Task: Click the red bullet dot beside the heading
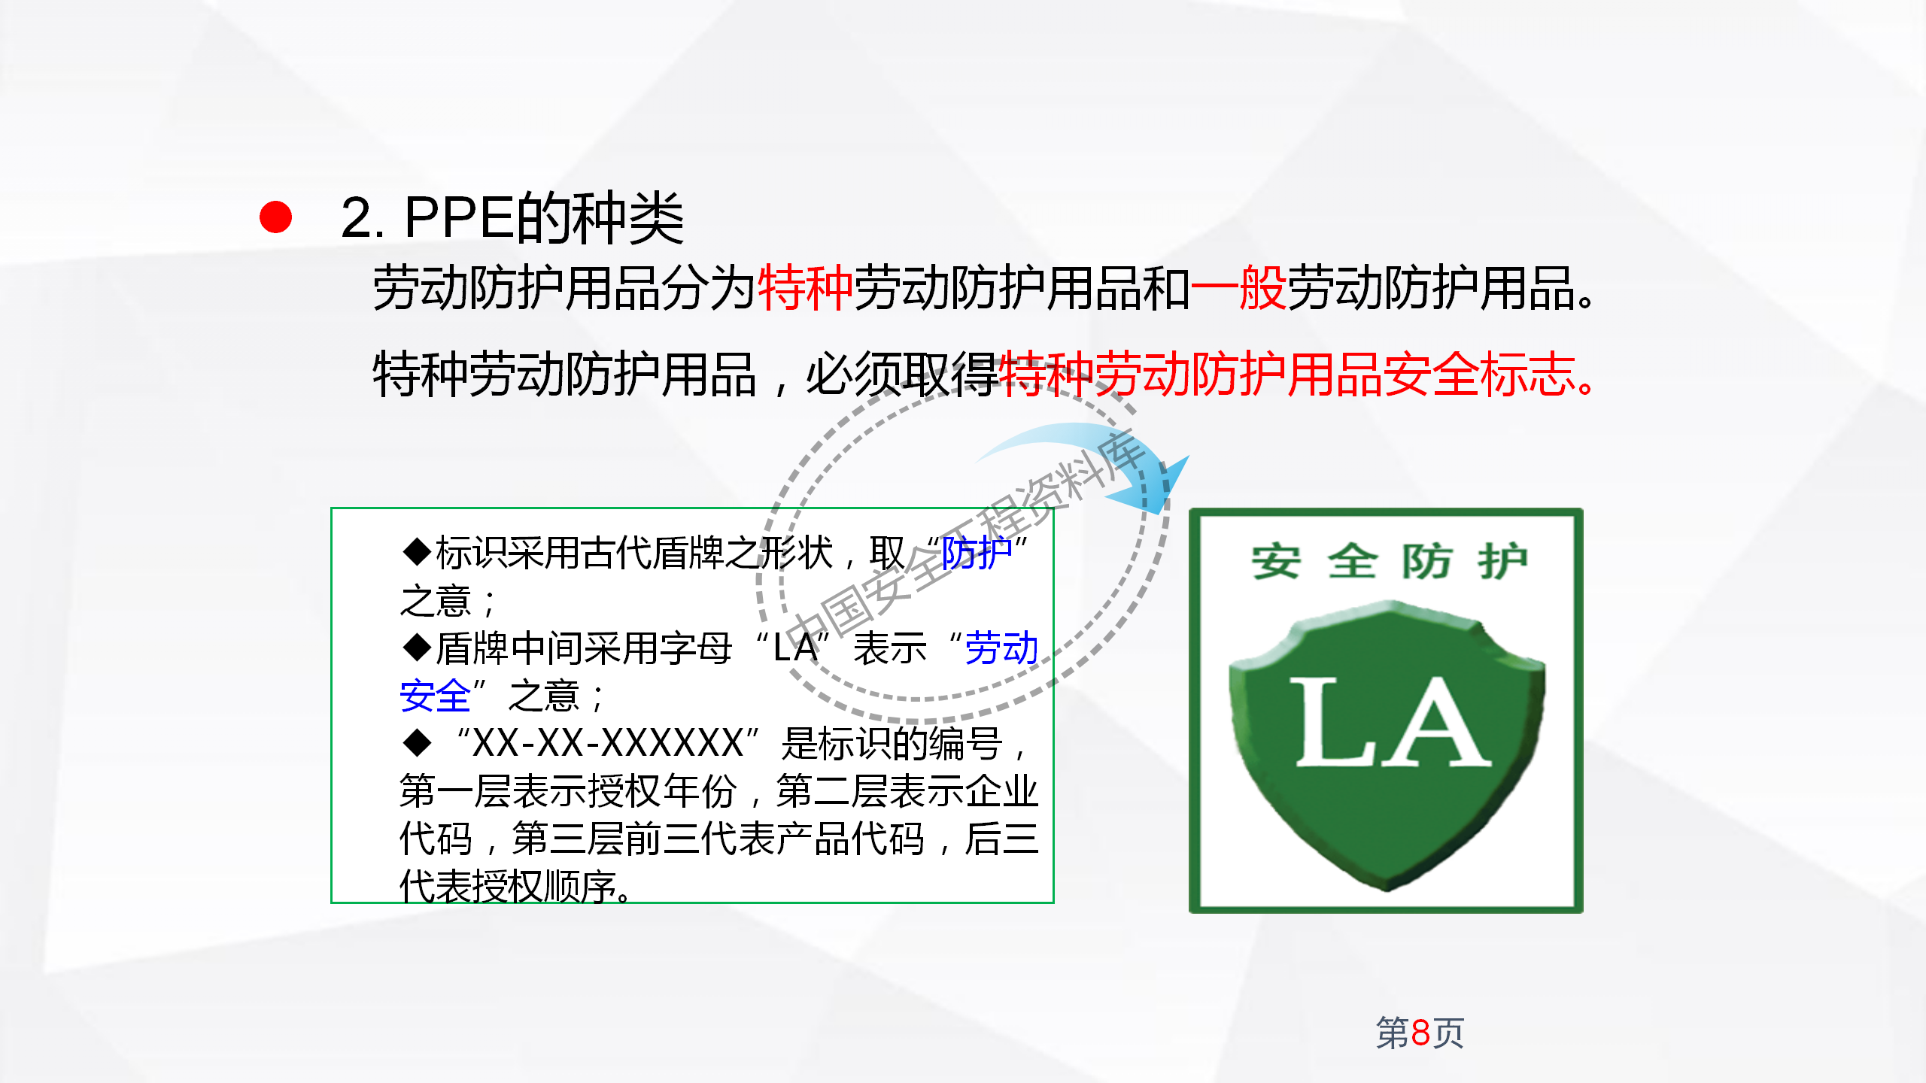(x=275, y=217)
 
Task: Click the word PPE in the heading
(x=459, y=219)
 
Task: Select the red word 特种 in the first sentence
(x=805, y=288)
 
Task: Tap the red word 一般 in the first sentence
(x=1238, y=288)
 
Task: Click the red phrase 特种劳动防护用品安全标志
(x=1287, y=375)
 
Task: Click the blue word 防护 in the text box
(x=977, y=554)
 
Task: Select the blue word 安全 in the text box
(x=435, y=696)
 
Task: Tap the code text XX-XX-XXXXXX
(x=608, y=744)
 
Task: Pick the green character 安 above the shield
(x=1276, y=562)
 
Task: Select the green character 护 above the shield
(x=1502, y=562)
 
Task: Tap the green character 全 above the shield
(x=1352, y=562)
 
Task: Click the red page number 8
(x=1420, y=1033)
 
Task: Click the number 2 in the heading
(x=357, y=219)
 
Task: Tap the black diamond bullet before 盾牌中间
(x=417, y=648)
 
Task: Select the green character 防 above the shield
(x=1426, y=562)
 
